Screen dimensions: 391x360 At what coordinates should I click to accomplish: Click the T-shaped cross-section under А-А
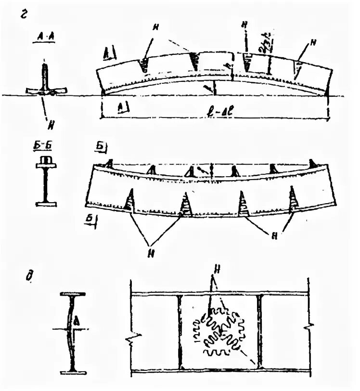coord(44,84)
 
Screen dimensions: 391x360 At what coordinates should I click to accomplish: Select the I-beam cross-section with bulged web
coord(73,332)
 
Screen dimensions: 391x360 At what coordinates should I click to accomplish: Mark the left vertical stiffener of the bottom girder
coord(179,332)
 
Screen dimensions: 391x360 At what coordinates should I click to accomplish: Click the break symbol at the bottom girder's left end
coord(131,340)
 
